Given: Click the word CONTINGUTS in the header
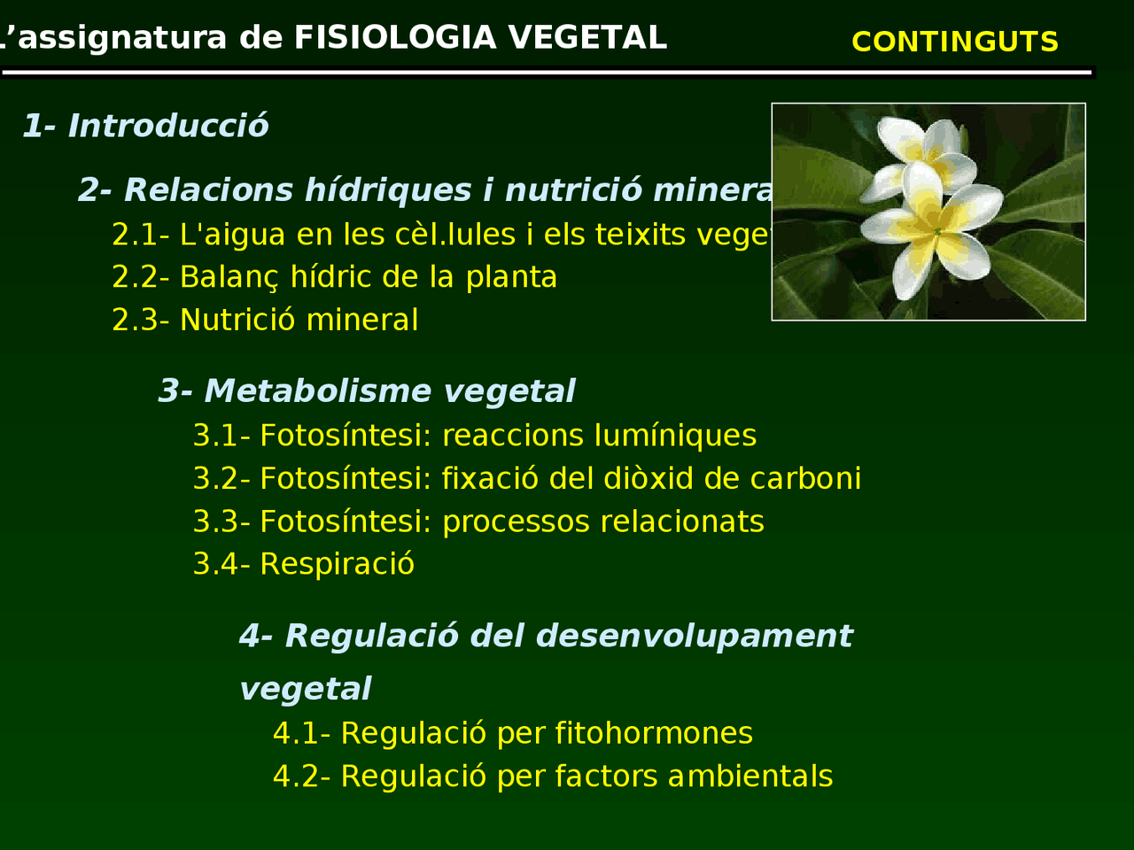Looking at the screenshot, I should (954, 42).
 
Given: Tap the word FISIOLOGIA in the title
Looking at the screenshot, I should (394, 38).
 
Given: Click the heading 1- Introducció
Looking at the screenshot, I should (145, 126).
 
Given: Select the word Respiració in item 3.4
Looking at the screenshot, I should (337, 564).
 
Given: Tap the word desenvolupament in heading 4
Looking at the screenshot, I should (694, 636).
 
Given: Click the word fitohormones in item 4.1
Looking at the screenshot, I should (653, 733).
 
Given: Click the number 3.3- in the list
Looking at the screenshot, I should (221, 522).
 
